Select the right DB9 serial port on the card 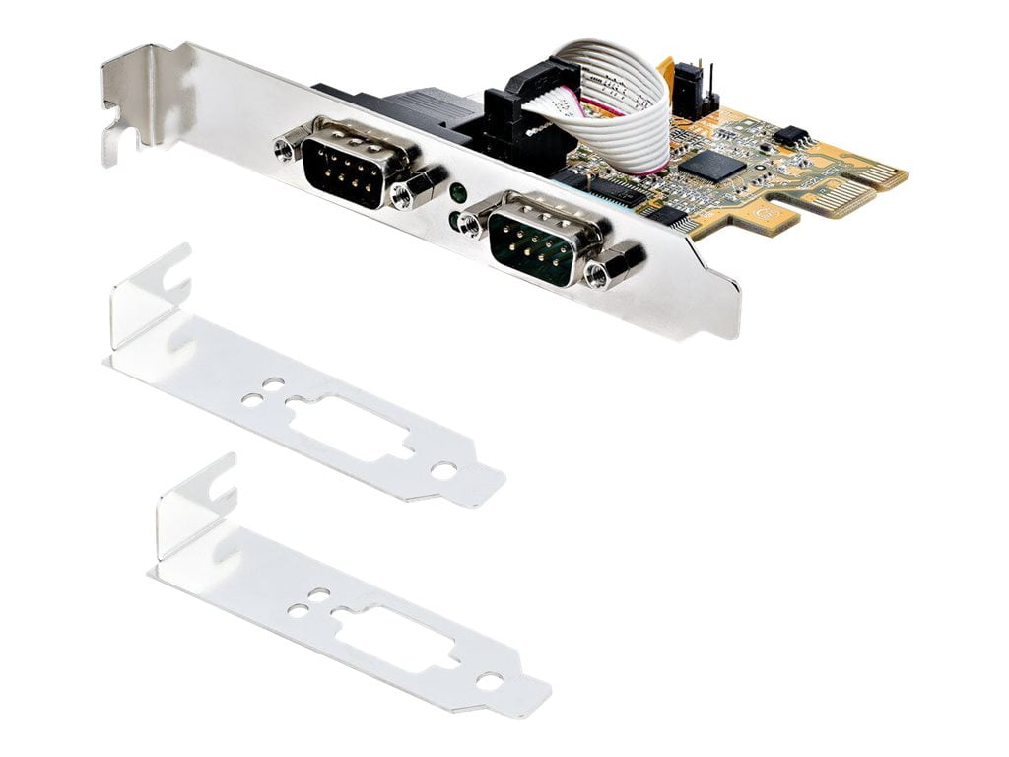(x=534, y=241)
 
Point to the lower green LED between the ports (x=454, y=219)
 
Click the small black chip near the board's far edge (x=790, y=135)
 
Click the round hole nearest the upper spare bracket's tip (x=444, y=471)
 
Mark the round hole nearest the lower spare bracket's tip (x=490, y=680)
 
